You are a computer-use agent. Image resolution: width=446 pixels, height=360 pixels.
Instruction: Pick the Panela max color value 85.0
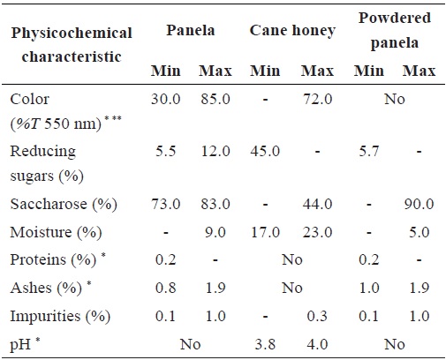point(212,99)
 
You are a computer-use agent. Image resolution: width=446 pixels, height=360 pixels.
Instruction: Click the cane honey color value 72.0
point(314,99)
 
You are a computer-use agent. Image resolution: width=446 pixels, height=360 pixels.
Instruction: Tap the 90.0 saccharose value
point(416,204)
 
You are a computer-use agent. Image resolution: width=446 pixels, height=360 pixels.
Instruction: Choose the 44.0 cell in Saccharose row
point(314,204)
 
